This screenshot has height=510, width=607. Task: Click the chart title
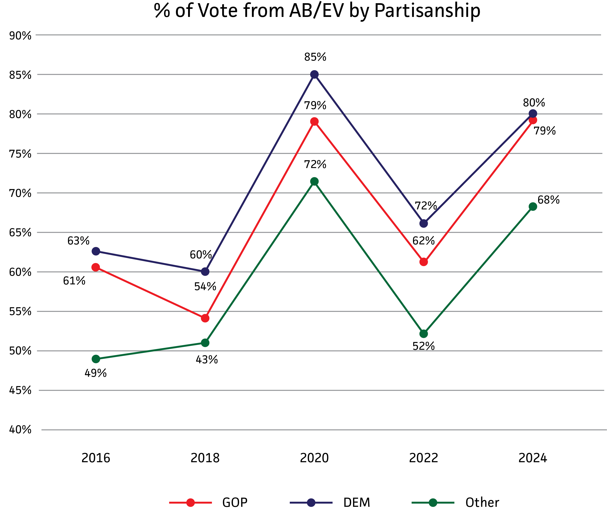pyautogui.click(x=317, y=11)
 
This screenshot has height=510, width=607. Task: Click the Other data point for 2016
pyautogui.click(x=96, y=359)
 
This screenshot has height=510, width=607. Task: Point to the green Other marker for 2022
pyautogui.click(x=423, y=334)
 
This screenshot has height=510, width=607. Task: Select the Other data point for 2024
pyautogui.click(x=533, y=206)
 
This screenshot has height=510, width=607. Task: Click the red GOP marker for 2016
pyautogui.click(x=96, y=267)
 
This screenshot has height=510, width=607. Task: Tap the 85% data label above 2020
pyautogui.click(x=315, y=57)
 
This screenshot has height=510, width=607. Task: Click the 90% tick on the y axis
pyautogui.click(x=20, y=36)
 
